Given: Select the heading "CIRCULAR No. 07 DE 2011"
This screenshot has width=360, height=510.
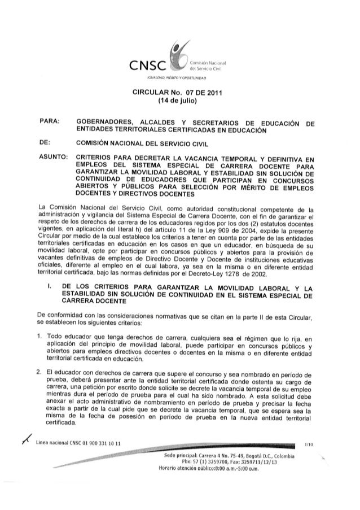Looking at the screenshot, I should tap(179, 93).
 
